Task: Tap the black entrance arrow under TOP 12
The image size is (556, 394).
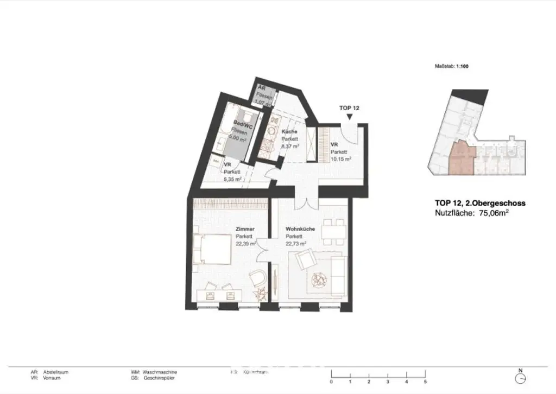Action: coord(349,117)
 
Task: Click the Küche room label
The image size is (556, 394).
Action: coord(289,132)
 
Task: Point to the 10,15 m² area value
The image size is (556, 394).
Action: coord(341,159)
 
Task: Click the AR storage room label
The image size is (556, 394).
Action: coord(261,87)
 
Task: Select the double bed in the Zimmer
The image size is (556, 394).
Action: coord(211,249)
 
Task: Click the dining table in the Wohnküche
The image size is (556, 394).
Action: coord(332,232)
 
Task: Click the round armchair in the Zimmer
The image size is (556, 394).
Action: coord(258,279)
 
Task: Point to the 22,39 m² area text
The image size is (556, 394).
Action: coord(245,244)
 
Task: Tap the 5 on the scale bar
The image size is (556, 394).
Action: coord(425,382)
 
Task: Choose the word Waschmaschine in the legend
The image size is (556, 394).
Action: coord(160,372)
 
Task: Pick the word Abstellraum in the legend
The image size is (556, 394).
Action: coord(57,372)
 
